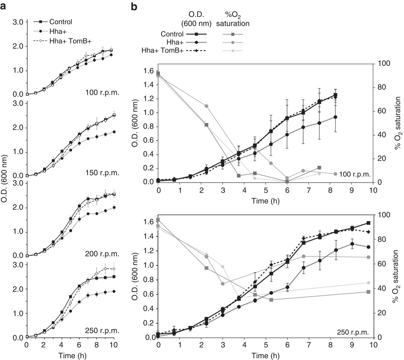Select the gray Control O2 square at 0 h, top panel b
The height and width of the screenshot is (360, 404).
click(x=158, y=73)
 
